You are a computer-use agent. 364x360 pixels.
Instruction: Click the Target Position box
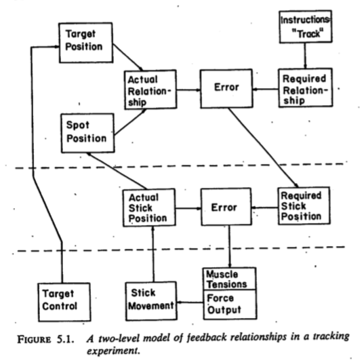coord(86,43)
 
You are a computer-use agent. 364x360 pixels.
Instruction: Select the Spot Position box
coord(87,133)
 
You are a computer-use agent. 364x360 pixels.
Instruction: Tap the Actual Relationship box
coord(150,89)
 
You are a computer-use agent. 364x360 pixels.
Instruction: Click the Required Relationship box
coord(306,87)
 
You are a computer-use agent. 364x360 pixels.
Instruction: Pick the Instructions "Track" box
coord(306,26)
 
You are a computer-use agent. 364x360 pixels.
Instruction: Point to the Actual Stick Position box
coord(149,207)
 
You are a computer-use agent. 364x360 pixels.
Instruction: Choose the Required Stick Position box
coord(304,206)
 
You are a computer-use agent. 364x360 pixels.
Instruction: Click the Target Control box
coord(64,302)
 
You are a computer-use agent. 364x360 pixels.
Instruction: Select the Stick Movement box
coord(151,301)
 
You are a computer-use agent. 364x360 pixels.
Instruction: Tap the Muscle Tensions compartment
coord(230,279)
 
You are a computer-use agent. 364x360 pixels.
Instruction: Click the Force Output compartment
coord(230,304)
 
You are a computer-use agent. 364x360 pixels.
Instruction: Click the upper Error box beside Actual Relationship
coord(226,89)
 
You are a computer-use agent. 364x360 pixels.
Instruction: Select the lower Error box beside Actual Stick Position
coord(226,207)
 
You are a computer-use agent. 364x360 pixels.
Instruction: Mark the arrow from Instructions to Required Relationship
coord(305,56)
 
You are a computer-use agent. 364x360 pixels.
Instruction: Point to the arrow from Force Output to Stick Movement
coord(190,302)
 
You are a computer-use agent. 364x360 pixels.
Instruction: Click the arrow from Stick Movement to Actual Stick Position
coord(153,254)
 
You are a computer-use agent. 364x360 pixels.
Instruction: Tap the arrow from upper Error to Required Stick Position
coord(263,148)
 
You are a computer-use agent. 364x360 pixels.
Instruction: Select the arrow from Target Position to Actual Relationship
coord(128,57)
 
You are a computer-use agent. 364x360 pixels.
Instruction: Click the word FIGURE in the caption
coord(34,340)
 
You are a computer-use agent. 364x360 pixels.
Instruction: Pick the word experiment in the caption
coord(113,351)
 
